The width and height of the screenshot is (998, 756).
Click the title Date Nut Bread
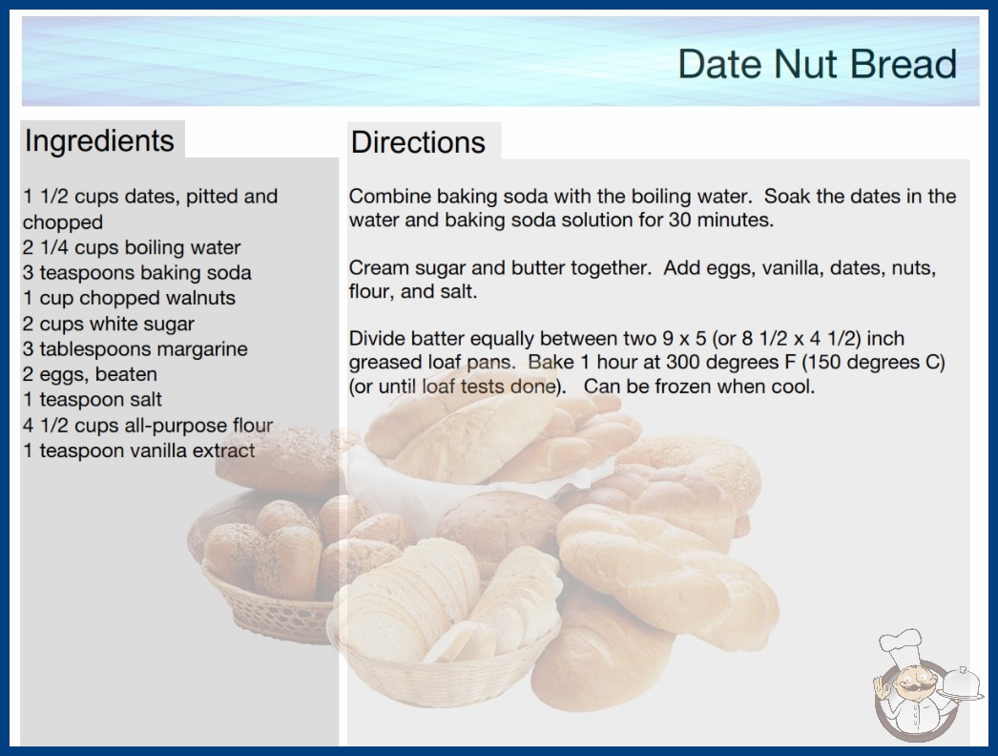818,64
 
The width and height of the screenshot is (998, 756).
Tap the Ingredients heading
99,140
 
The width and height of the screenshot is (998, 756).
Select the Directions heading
418,142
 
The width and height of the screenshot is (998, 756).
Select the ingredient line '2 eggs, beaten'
90,374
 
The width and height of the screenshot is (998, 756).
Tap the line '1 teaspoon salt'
93,400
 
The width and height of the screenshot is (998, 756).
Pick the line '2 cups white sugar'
108,325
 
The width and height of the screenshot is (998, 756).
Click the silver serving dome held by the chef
962,682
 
